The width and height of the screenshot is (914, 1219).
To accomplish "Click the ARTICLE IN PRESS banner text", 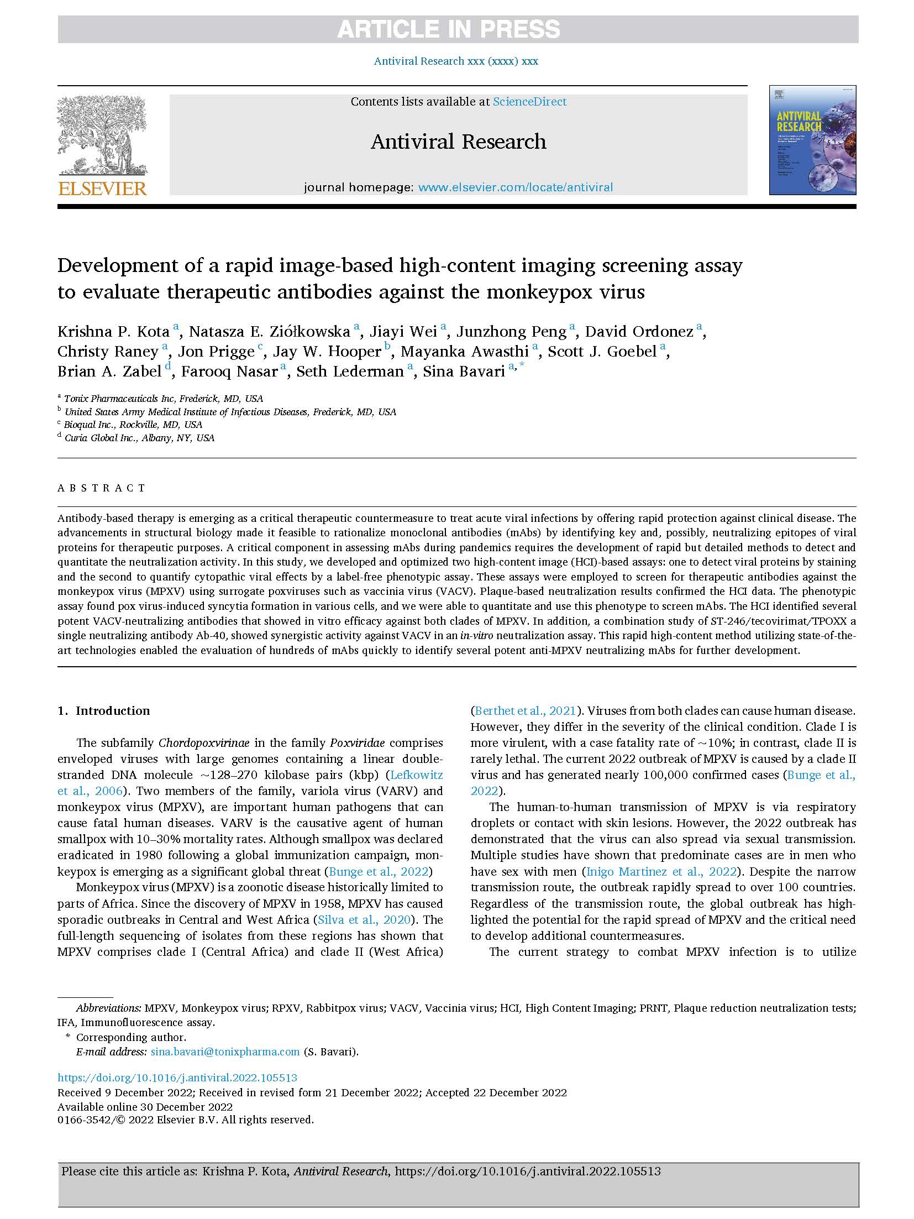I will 448,29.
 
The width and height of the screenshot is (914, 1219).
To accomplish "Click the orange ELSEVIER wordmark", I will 102,189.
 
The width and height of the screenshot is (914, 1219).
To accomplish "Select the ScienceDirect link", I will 529,102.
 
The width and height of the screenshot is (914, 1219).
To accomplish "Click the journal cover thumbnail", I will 812,140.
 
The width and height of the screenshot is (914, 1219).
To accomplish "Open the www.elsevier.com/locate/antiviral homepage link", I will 515,187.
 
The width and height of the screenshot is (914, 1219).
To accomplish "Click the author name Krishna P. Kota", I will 113,332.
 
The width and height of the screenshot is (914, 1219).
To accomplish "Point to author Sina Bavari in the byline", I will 464,372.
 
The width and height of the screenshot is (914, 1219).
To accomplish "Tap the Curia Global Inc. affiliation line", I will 139,438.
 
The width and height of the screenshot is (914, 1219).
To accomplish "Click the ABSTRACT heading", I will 101,488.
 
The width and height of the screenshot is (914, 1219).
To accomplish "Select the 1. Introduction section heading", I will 104,711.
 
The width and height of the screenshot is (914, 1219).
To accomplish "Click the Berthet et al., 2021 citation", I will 523,711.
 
